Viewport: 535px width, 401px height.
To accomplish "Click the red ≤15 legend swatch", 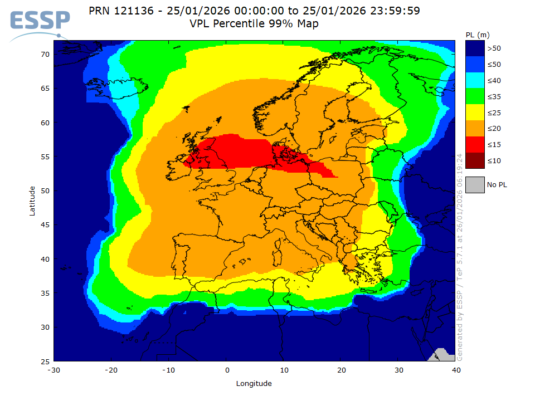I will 474,144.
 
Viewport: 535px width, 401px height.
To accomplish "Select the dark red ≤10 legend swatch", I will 474,160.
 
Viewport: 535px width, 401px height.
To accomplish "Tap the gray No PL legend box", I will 474,184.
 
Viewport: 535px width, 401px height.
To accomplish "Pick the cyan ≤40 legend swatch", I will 474,80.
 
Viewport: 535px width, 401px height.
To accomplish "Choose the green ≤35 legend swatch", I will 474,96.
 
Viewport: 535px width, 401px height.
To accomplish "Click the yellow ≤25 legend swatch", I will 474,113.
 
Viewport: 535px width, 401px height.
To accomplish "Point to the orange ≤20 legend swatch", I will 474,129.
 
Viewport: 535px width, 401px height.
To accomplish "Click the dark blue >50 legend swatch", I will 474,48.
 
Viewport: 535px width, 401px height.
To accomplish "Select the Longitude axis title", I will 254,383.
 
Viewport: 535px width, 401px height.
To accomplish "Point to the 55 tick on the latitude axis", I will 44,157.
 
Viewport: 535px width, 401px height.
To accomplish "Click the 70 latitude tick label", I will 44,54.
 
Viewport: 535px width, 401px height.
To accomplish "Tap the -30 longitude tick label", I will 53,370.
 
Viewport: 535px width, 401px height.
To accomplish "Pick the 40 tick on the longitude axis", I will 456,370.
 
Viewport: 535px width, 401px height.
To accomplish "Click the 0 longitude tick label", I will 227,370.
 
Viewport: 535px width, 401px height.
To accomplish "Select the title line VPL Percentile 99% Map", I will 254,23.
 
